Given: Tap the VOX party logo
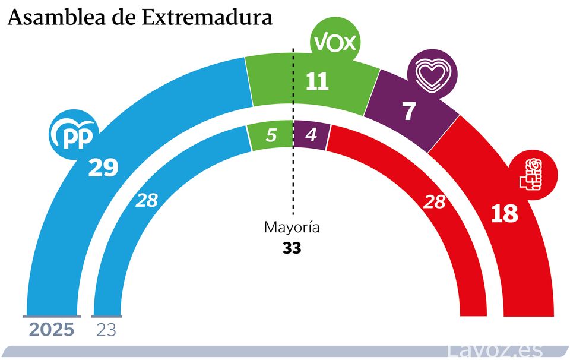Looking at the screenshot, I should click(334, 42).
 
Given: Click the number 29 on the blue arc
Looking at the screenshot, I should click(103, 168).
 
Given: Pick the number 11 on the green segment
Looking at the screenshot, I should click(316, 82).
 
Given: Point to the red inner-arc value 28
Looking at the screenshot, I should click(434, 202).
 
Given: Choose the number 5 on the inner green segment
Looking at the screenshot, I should click(271, 135).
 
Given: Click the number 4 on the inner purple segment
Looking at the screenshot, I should click(310, 135).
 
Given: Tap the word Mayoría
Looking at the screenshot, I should click(292, 228).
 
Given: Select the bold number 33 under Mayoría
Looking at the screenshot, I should click(292, 248).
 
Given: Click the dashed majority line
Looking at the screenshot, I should click(293, 178).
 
